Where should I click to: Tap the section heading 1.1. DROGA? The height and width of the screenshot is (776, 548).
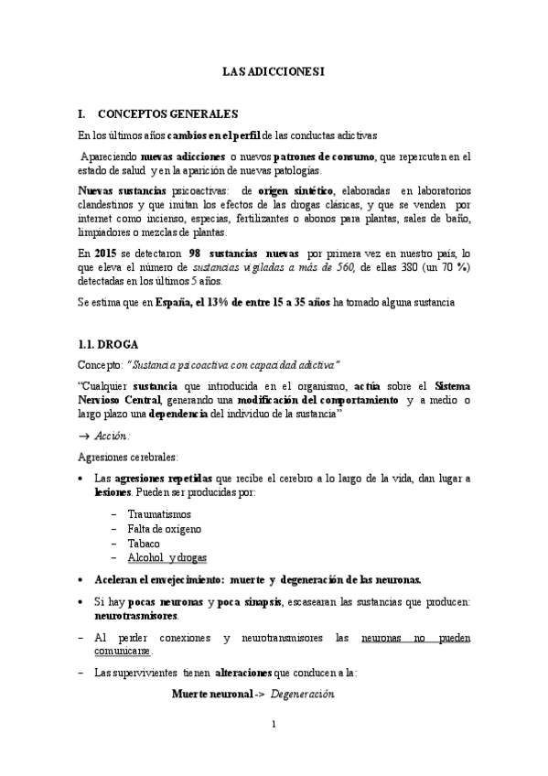(x=107, y=345)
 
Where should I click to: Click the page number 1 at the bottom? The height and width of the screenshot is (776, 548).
(x=274, y=725)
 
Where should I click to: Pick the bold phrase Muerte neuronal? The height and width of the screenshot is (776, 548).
(x=212, y=695)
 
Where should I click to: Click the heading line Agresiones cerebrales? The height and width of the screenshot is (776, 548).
(x=127, y=457)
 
